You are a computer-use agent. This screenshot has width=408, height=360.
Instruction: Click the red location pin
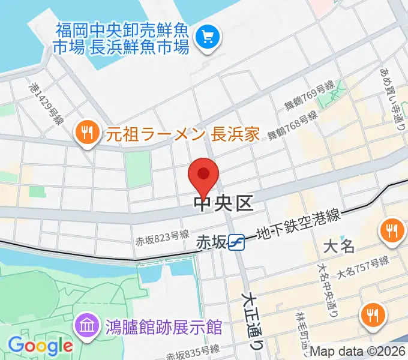pyautogui.click(x=203, y=175)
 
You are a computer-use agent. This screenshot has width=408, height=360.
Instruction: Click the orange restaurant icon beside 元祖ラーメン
pyautogui.click(x=88, y=133)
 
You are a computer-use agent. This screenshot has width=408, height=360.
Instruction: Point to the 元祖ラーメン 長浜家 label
pyautogui.click(x=183, y=133)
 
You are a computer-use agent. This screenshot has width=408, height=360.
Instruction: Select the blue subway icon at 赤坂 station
pyautogui.click(x=236, y=242)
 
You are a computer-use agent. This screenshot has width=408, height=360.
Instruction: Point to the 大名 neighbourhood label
pyautogui.click(x=340, y=246)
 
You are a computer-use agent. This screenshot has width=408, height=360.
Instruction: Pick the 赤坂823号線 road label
pyautogui.click(x=163, y=238)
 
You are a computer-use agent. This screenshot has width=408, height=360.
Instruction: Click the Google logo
pyautogui.click(x=40, y=346)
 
